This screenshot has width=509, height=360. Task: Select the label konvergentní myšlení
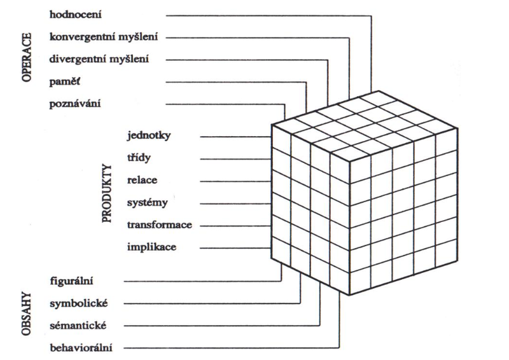point(104,37)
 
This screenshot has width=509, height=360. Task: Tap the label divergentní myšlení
point(100,59)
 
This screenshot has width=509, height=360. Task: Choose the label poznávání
point(74,104)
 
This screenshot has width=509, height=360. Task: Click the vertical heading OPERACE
point(27,59)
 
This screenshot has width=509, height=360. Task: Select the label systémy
point(147,203)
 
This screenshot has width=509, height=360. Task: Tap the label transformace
point(159,225)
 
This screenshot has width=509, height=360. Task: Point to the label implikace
point(151,247)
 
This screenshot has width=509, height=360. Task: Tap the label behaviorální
point(81,348)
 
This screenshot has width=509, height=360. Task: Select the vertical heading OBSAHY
point(27,314)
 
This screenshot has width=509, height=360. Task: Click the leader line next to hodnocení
point(267,13)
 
